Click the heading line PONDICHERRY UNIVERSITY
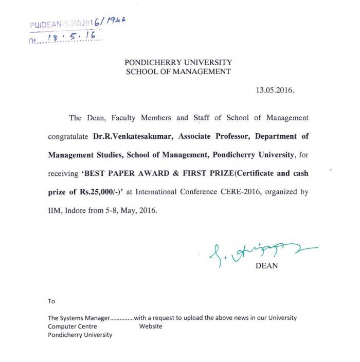[x=178, y=62]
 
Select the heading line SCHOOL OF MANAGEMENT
[x=178, y=72]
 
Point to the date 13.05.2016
[x=275, y=90]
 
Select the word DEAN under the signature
[x=266, y=266]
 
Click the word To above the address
[x=51, y=301]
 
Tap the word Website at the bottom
[x=151, y=326]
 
